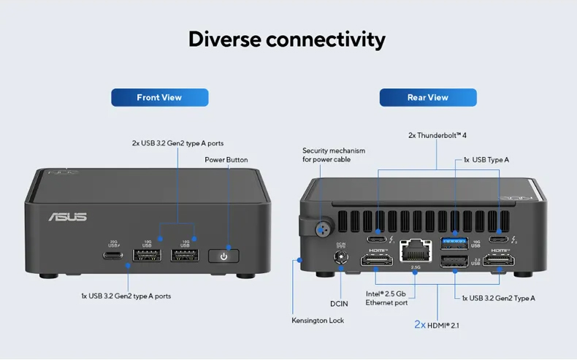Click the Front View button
pos(159,97)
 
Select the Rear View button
pos(427,97)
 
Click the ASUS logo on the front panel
pos(67,217)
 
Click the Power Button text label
pos(226,159)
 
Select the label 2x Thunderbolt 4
pos(437,135)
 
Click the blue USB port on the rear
pos(454,241)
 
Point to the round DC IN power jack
pos(340,257)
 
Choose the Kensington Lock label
pos(318,320)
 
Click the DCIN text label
pos(339,303)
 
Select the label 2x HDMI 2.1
pos(437,324)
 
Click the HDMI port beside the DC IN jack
pos(378,260)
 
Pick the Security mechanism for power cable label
pos(334,155)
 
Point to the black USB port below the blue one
pos(454,261)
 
